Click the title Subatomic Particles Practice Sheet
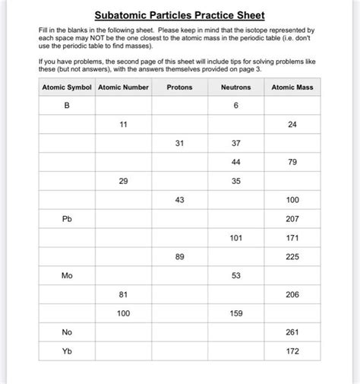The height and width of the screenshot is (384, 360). (x=179, y=15)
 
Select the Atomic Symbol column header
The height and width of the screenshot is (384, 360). (x=67, y=87)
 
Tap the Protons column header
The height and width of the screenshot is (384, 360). (x=179, y=87)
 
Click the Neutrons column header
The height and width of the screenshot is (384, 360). (x=236, y=87)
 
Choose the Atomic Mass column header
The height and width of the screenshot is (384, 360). (x=292, y=87)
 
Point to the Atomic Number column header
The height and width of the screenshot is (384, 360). (x=123, y=87)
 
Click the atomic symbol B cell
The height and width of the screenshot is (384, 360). (x=67, y=106)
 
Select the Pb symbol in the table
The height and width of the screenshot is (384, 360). (x=67, y=219)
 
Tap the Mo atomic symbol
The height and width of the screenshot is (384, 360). (x=67, y=275)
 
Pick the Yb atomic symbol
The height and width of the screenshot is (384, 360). (x=67, y=351)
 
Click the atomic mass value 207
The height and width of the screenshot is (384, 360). (x=292, y=219)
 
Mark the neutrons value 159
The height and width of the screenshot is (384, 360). (x=236, y=313)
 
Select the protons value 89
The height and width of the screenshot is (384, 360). (x=179, y=257)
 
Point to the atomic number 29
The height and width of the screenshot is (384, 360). (x=123, y=181)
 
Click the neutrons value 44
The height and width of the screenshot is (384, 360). (x=236, y=162)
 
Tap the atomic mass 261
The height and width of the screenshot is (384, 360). (x=292, y=332)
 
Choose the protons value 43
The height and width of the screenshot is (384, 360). (x=179, y=200)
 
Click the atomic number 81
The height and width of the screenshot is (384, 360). (x=123, y=294)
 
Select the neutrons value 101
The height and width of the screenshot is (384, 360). (x=236, y=238)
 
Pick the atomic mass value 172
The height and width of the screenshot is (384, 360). (x=292, y=351)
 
